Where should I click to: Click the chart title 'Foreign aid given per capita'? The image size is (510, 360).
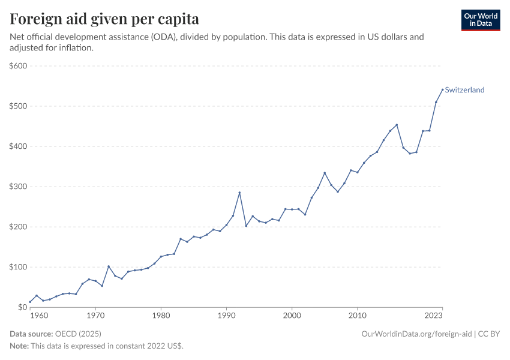click(105, 19)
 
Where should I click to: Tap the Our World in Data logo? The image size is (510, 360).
click(480, 20)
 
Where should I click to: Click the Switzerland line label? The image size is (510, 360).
click(464, 90)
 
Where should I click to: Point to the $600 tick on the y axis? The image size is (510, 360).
click(19, 66)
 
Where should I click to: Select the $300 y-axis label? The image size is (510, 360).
click(19, 187)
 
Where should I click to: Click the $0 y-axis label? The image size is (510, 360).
click(23, 307)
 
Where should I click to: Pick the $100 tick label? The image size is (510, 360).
click(19, 267)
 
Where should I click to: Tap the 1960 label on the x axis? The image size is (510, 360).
click(38, 316)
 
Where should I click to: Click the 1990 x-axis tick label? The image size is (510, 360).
click(226, 316)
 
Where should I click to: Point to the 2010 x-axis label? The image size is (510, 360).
click(358, 316)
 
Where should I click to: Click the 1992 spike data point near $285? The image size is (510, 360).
click(239, 193)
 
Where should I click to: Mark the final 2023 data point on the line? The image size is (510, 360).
click(442, 89)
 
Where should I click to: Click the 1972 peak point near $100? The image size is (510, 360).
click(109, 266)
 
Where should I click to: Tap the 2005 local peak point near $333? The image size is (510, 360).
click(325, 173)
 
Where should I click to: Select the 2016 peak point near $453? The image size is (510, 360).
click(397, 125)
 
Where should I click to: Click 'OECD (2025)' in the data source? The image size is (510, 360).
click(78, 334)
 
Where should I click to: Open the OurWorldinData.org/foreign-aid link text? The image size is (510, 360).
click(416, 334)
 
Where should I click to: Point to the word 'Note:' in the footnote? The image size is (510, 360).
click(19, 346)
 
